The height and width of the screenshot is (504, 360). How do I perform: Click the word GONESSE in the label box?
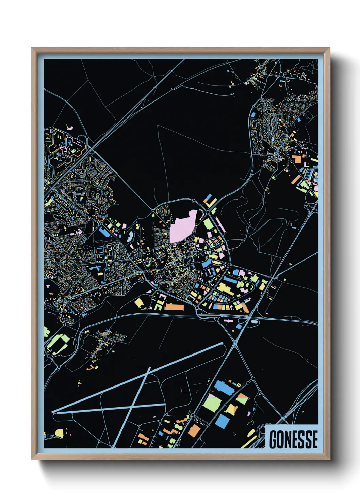tap(293, 439)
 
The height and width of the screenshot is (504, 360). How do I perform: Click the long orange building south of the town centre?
tap(174, 307)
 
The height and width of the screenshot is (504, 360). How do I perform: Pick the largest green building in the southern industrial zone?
tap(212, 404)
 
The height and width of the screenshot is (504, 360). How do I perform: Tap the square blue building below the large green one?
tap(222, 421)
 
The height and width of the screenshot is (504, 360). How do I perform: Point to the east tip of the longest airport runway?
tap(223, 343)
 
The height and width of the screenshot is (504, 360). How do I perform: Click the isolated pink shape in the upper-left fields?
tap(70, 128)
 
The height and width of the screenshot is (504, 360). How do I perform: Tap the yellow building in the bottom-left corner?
tap(59, 433)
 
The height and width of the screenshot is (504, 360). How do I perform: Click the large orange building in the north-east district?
tap(297, 159)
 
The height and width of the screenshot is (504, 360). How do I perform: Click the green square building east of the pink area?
tap(208, 224)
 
